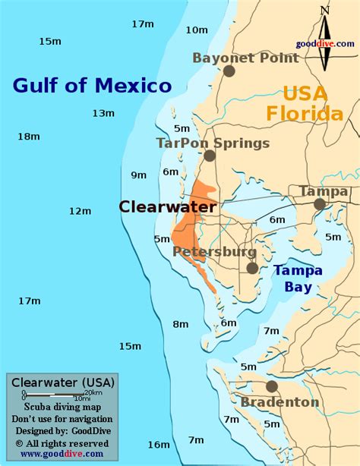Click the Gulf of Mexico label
pos(92,85)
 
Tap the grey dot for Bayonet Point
pos(229,71)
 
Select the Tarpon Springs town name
pos(213,142)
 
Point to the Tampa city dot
pos(320,204)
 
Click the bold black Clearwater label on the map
pos(168,206)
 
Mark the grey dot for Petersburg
pos(252,268)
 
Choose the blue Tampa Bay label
pos(298,278)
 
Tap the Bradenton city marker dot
pos(272,386)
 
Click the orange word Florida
pos(304,114)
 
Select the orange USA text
pos(305,93)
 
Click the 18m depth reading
pos(28,137)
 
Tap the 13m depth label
pos(103,113)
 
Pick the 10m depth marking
pos(196,30)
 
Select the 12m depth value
pos(80,210)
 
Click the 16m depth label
pos(159,444)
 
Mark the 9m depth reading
pos(138,175)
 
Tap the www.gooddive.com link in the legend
pos(62,454)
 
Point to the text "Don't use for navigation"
pos(62,419)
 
